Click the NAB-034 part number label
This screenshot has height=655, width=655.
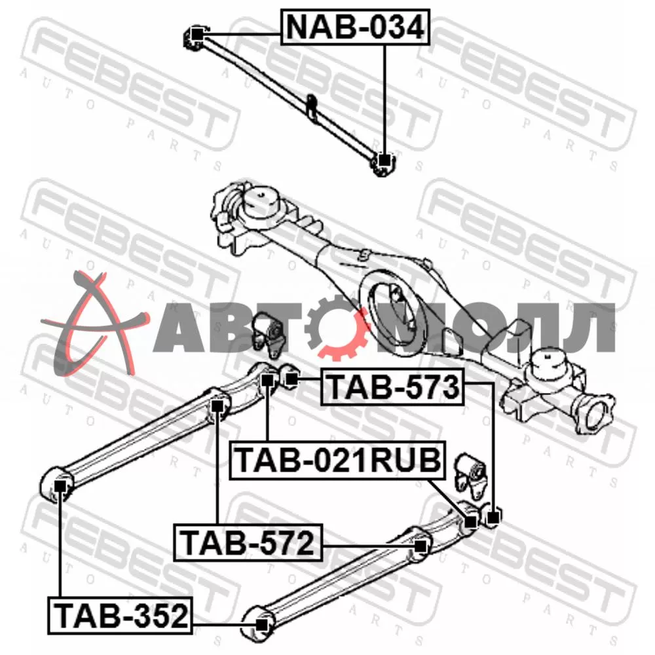click(355, 26)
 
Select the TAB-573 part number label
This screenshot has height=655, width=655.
click(392, 387)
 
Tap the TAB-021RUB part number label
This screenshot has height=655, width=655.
click(338, 460)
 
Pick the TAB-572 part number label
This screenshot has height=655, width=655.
click(248, 542)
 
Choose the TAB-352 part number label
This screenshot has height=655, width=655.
click(121, 615)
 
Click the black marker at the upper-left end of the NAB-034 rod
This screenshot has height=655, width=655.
click(197, 34)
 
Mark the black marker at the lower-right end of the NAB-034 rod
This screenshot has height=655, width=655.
click(384, 160)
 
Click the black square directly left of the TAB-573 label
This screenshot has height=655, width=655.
click(291, 379)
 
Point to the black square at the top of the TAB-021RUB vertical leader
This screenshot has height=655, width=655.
click(267, 381)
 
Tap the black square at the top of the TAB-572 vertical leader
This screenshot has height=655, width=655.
click(216, 405)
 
